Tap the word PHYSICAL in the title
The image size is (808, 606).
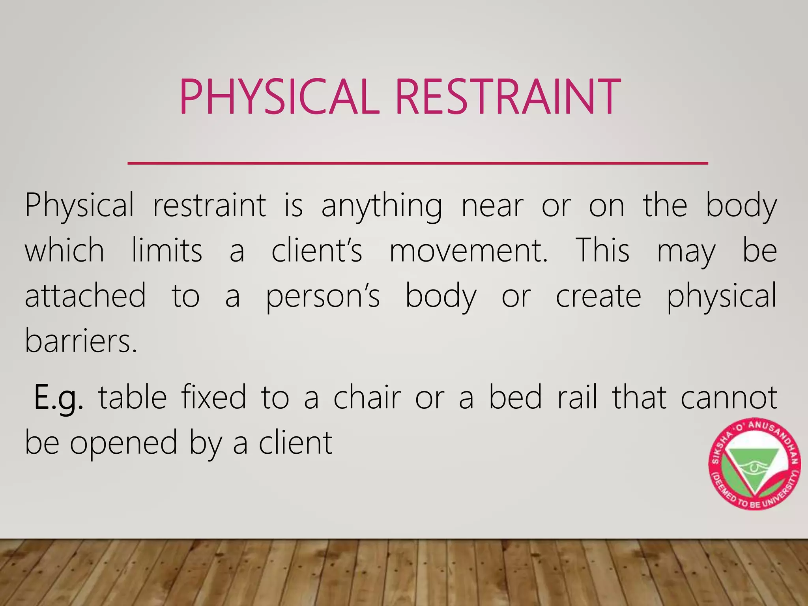[279, 97]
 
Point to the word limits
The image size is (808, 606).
[167, 251]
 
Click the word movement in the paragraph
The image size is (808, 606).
[468, 251]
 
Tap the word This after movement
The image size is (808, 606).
[602, 251]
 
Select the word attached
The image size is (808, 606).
[85, 296]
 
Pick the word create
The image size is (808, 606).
[598, 296]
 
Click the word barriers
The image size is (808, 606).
[81, 341]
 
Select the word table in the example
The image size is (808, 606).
[133, 398]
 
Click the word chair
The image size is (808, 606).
[367, 398]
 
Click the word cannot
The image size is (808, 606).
[729, 398]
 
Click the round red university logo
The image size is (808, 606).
[754, 464]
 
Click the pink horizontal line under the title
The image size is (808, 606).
[417, 163]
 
